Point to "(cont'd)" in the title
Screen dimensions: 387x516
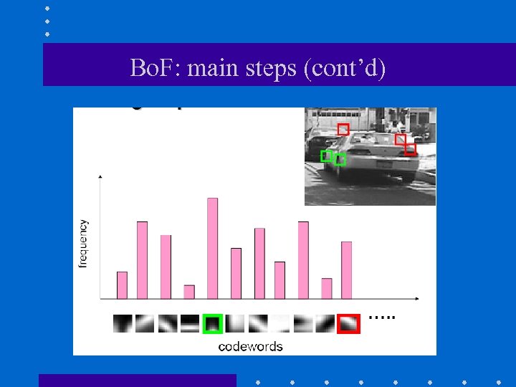tap(345, 69)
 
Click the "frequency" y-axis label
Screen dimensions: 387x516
tap(84, 244)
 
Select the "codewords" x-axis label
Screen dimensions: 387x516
tap(250, 347)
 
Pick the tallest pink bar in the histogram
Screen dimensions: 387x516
tap(212, 248)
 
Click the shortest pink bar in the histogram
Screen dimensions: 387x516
tap(189, 292)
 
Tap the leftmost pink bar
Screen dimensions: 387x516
tap(122, 285)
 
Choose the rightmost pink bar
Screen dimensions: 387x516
tap(347, 269)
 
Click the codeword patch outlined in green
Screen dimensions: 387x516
tap(212, 324)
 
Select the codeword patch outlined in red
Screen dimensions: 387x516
tap(348, 324)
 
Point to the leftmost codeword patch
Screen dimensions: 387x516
tap(122, 324)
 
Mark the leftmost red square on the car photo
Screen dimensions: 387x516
tap(343, 129)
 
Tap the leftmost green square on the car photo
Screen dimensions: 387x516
tap(326, 156)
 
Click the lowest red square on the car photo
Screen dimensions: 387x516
tap(410, 149)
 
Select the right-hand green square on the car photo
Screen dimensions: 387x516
tap(340, 159)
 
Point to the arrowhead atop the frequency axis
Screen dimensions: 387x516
tap(100, 175)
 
